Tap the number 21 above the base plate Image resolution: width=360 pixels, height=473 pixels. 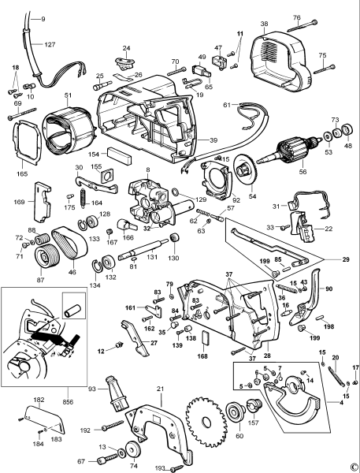point(160,389)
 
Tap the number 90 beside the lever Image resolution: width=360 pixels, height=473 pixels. point(329,290)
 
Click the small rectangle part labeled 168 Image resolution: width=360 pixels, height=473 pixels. point(204,337)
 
